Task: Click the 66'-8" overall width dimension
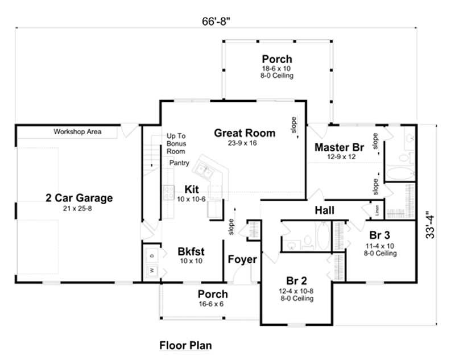[x=220, y=21]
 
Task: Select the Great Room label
[x=245, y=133]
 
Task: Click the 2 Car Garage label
[x=79, y=198]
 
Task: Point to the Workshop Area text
[x=77, y=132]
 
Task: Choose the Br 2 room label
[x=296, y=280]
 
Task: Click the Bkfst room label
[x=191, y=251]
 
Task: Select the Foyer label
[x=242, y=260]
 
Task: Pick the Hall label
[x=324, y=211]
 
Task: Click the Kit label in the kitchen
[x=191, y=189]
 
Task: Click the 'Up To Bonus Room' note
[x=176, y=144]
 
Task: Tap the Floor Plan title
[x=185, y=345]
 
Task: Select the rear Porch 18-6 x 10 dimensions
[x=277, y=69]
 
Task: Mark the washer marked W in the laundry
[x=151, y=270]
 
